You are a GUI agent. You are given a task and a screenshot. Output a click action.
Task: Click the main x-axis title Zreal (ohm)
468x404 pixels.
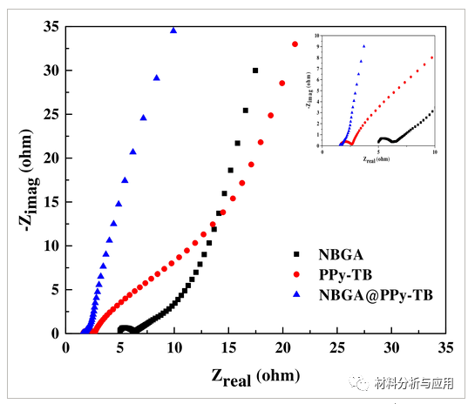click(x=255, y=377)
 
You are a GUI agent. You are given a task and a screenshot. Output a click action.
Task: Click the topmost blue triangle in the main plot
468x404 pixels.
click(x=173, y=30)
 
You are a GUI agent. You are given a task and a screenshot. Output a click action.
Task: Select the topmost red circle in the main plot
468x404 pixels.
click(x=295, y=44)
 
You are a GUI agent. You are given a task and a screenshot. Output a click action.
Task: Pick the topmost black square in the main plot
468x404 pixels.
click(x=255, y=71)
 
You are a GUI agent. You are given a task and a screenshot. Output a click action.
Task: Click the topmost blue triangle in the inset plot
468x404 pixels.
click(x=364, y=46)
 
